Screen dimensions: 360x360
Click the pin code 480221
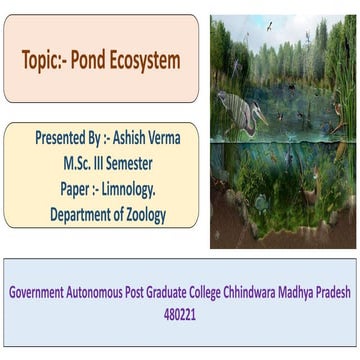181,287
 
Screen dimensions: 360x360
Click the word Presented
61,138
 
